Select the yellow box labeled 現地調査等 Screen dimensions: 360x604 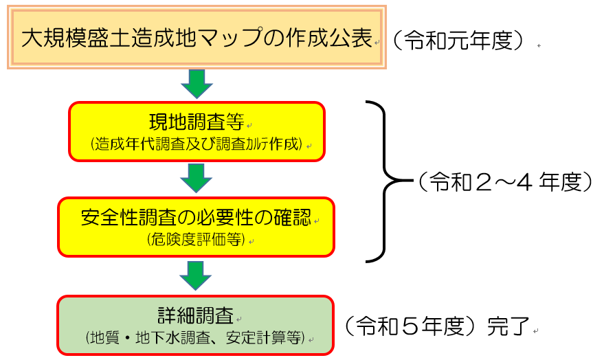click(x=197, y=132)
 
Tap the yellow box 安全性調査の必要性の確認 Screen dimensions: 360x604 click(x=196, y=227)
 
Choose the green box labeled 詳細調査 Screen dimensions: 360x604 click(x=195, y=325)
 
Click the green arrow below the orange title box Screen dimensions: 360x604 click(x=197, y=85)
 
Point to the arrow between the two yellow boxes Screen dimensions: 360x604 click(x=197, y=179)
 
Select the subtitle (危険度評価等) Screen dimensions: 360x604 click(x=196, y=240)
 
